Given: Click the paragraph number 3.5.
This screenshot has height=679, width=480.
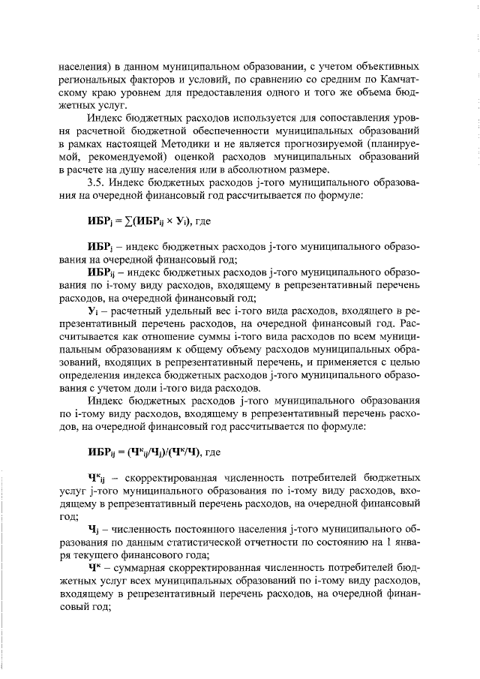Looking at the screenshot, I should [x=97, y=183].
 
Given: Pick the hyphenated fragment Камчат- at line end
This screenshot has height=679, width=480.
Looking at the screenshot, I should [x=399, y=78].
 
